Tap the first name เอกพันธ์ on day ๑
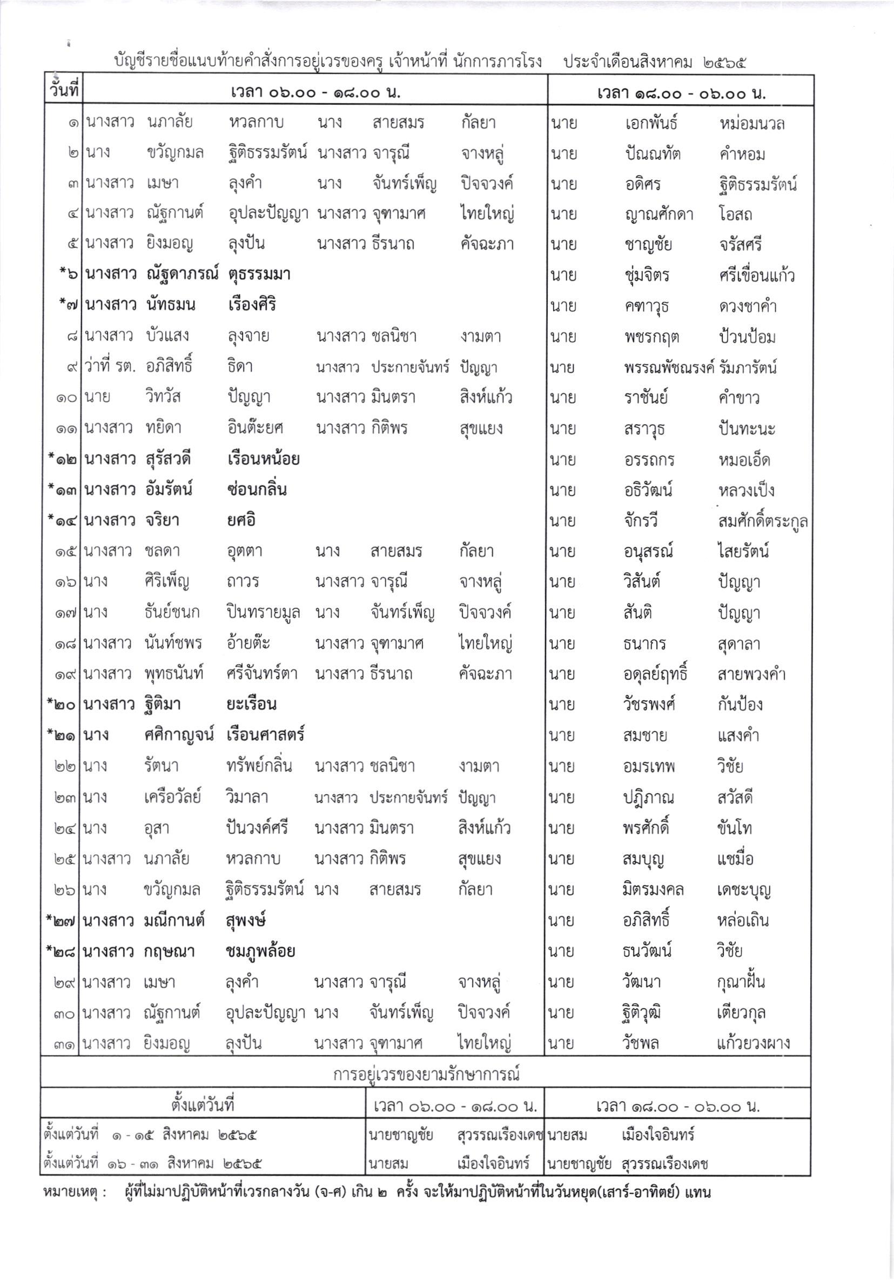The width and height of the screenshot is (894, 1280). [651, 123]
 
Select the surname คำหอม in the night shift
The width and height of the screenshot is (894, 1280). [742, 154]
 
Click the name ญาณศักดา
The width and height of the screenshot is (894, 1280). [659, 215]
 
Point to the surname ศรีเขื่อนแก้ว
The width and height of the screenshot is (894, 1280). [756, 276]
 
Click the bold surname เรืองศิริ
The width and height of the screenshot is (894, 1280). [252, 305]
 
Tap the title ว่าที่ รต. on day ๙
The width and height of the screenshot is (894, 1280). [109, 367]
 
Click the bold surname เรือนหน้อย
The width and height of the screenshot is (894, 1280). [264, 459]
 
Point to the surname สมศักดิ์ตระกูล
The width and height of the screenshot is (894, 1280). [762, 521]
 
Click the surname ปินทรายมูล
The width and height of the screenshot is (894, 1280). [263, 612]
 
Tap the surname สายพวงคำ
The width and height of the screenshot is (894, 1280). [751, 674]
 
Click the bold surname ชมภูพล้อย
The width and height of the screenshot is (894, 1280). [260, 951]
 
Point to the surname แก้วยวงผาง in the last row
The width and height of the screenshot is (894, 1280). [754, 1043]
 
